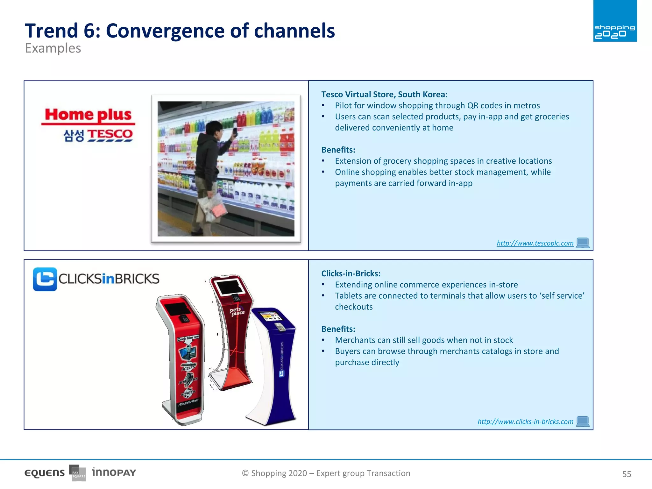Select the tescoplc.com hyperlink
(535, 243)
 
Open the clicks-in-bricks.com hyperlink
(525, 422)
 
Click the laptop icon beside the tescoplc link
(583, 243)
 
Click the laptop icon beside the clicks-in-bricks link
(583, 421)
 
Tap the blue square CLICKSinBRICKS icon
(45, 279)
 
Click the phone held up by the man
(235, 131)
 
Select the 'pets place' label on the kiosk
(237, 311)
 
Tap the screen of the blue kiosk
(271, 316)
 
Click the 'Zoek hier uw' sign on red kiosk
(188, 338)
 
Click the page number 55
(626, 474)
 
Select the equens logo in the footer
(45, 473)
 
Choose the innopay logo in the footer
(114, 472)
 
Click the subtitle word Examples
(53, 48)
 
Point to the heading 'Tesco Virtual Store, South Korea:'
(384, 95)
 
